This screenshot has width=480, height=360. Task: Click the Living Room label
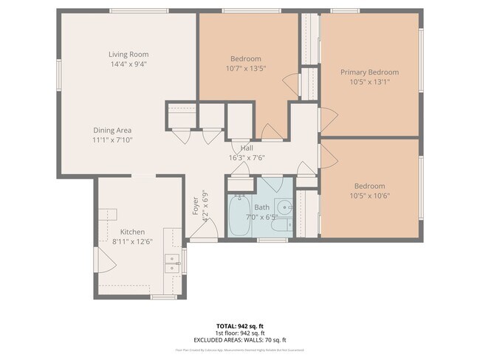(x=128, y=54)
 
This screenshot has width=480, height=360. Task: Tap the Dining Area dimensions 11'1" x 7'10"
(x=112, y=139)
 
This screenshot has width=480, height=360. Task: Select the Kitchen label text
(x=133, y=231)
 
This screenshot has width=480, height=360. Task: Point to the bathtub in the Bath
(x=239, y=216)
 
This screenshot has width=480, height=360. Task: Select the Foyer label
(x=196, y=204)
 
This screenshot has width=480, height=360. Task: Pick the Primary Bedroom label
(x=369, y=72)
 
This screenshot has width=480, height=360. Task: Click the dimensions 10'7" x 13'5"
(x=245, y=69)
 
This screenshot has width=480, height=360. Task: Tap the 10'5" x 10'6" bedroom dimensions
(x=369, y=195)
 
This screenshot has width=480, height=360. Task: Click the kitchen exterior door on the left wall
(x=102, y=258)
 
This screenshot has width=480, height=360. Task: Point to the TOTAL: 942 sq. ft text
(x=240, y=325)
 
